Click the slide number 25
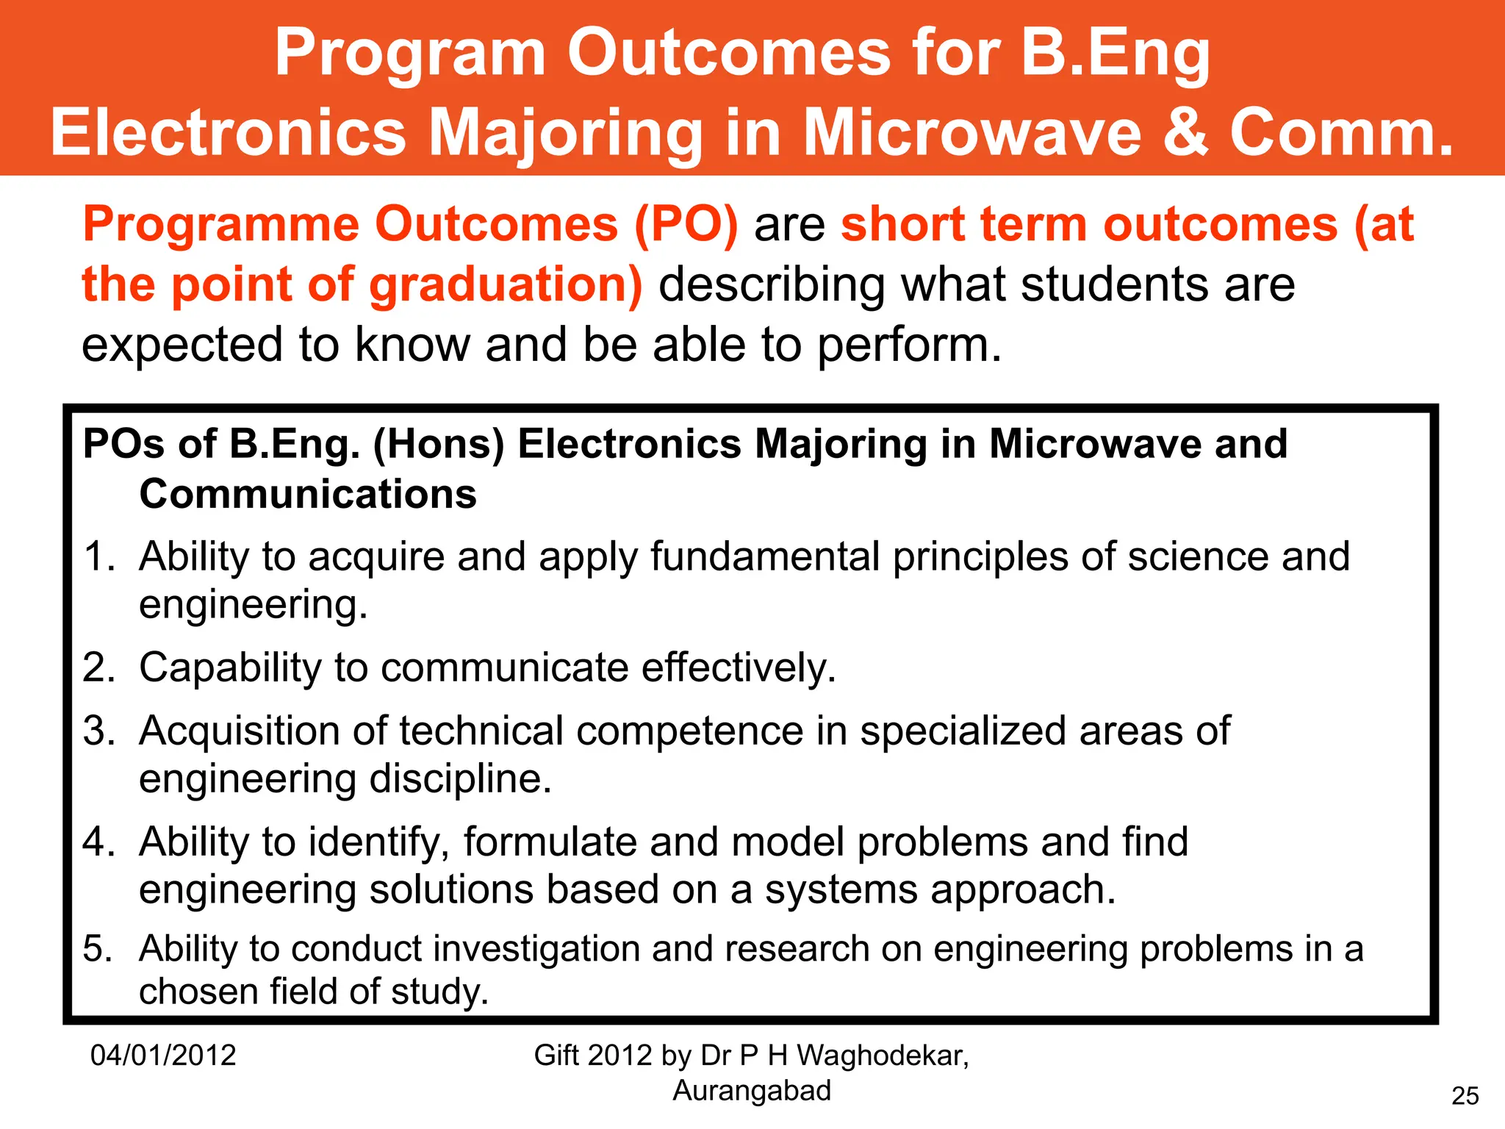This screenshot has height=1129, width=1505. (1465, 1096)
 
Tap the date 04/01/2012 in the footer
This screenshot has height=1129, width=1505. (163, 1055)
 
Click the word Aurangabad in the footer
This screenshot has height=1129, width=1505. (752, 1091)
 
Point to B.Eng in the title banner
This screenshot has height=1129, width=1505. (1115, 53)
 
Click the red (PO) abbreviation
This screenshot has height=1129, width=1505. (685, 224)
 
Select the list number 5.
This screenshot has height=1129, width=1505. (98, 949)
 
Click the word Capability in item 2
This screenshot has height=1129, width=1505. (230, 668)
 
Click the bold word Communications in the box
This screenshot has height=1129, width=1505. (308, 494)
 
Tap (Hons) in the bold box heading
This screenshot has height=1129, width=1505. (439, 445)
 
